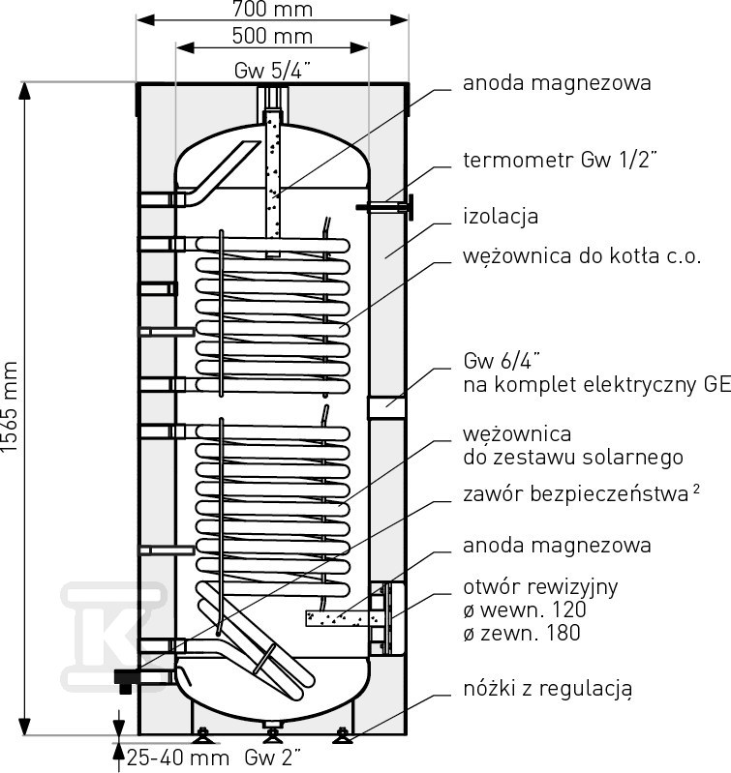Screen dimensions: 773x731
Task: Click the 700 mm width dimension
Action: [x=272, y=11]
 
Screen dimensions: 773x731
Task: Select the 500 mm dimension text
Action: [x=272, y=37]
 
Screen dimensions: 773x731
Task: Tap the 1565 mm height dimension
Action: [x=11, y=406]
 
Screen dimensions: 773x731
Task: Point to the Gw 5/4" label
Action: [x=271, y=72]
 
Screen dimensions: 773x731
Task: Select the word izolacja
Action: [x=500, y=215]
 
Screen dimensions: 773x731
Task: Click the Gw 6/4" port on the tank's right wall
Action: [x=387, y=407]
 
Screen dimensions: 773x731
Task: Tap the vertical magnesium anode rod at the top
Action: [x=273, y=179]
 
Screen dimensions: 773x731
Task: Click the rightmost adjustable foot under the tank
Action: [x=343, y=739]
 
